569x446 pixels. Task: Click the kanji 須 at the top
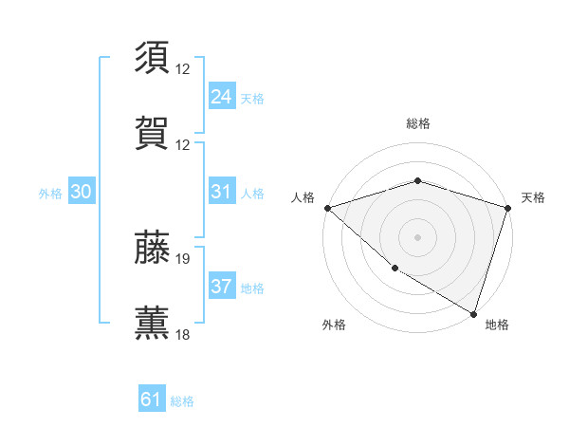[x=154, y=57]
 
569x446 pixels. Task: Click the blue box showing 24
[x=221, y=97]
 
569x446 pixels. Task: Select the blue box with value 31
[x=221, y=192]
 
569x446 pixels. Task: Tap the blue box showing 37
[x=221, y=287]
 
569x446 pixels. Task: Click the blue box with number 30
[x=82, y=192]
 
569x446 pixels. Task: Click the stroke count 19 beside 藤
[x=183, y=258]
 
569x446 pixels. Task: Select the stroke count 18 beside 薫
[x=183, y=335]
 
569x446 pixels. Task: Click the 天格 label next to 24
[x=252, y=99]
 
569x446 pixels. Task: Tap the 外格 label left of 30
[x=50, y=193]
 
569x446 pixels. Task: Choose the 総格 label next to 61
[x=182, y=401]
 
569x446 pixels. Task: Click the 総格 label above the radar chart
[x=417, y=123]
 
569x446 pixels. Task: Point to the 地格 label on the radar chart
[x=497, y=325]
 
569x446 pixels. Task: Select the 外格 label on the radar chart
[x=334, y=325]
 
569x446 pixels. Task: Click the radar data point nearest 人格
[x=327, y=208]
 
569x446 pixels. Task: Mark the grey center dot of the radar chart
[x=417, y=236]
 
